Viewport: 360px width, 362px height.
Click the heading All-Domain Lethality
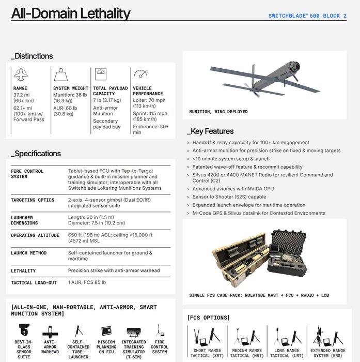coord(71,13)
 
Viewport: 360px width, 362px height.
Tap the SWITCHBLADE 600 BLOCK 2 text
coord(307,16)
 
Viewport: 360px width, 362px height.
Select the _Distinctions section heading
coord(32,56)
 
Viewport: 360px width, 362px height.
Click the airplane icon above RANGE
coord(21,75)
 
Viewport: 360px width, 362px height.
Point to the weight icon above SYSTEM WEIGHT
coord(61,75)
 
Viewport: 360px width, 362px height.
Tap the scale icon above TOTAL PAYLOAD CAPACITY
coord(101,73)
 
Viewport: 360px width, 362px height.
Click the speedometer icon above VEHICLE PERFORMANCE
coord(140,74)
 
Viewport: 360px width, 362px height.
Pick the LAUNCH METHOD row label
coord(29,253)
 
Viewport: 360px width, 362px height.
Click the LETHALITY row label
coord(24,270)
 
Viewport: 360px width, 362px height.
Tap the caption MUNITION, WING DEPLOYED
coord(218,112)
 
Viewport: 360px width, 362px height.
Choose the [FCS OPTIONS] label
coord(209,318)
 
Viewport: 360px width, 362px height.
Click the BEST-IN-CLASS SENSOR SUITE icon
coord(23,330)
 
